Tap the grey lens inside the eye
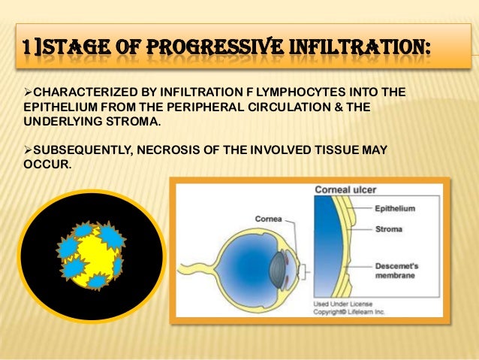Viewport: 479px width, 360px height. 280,266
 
